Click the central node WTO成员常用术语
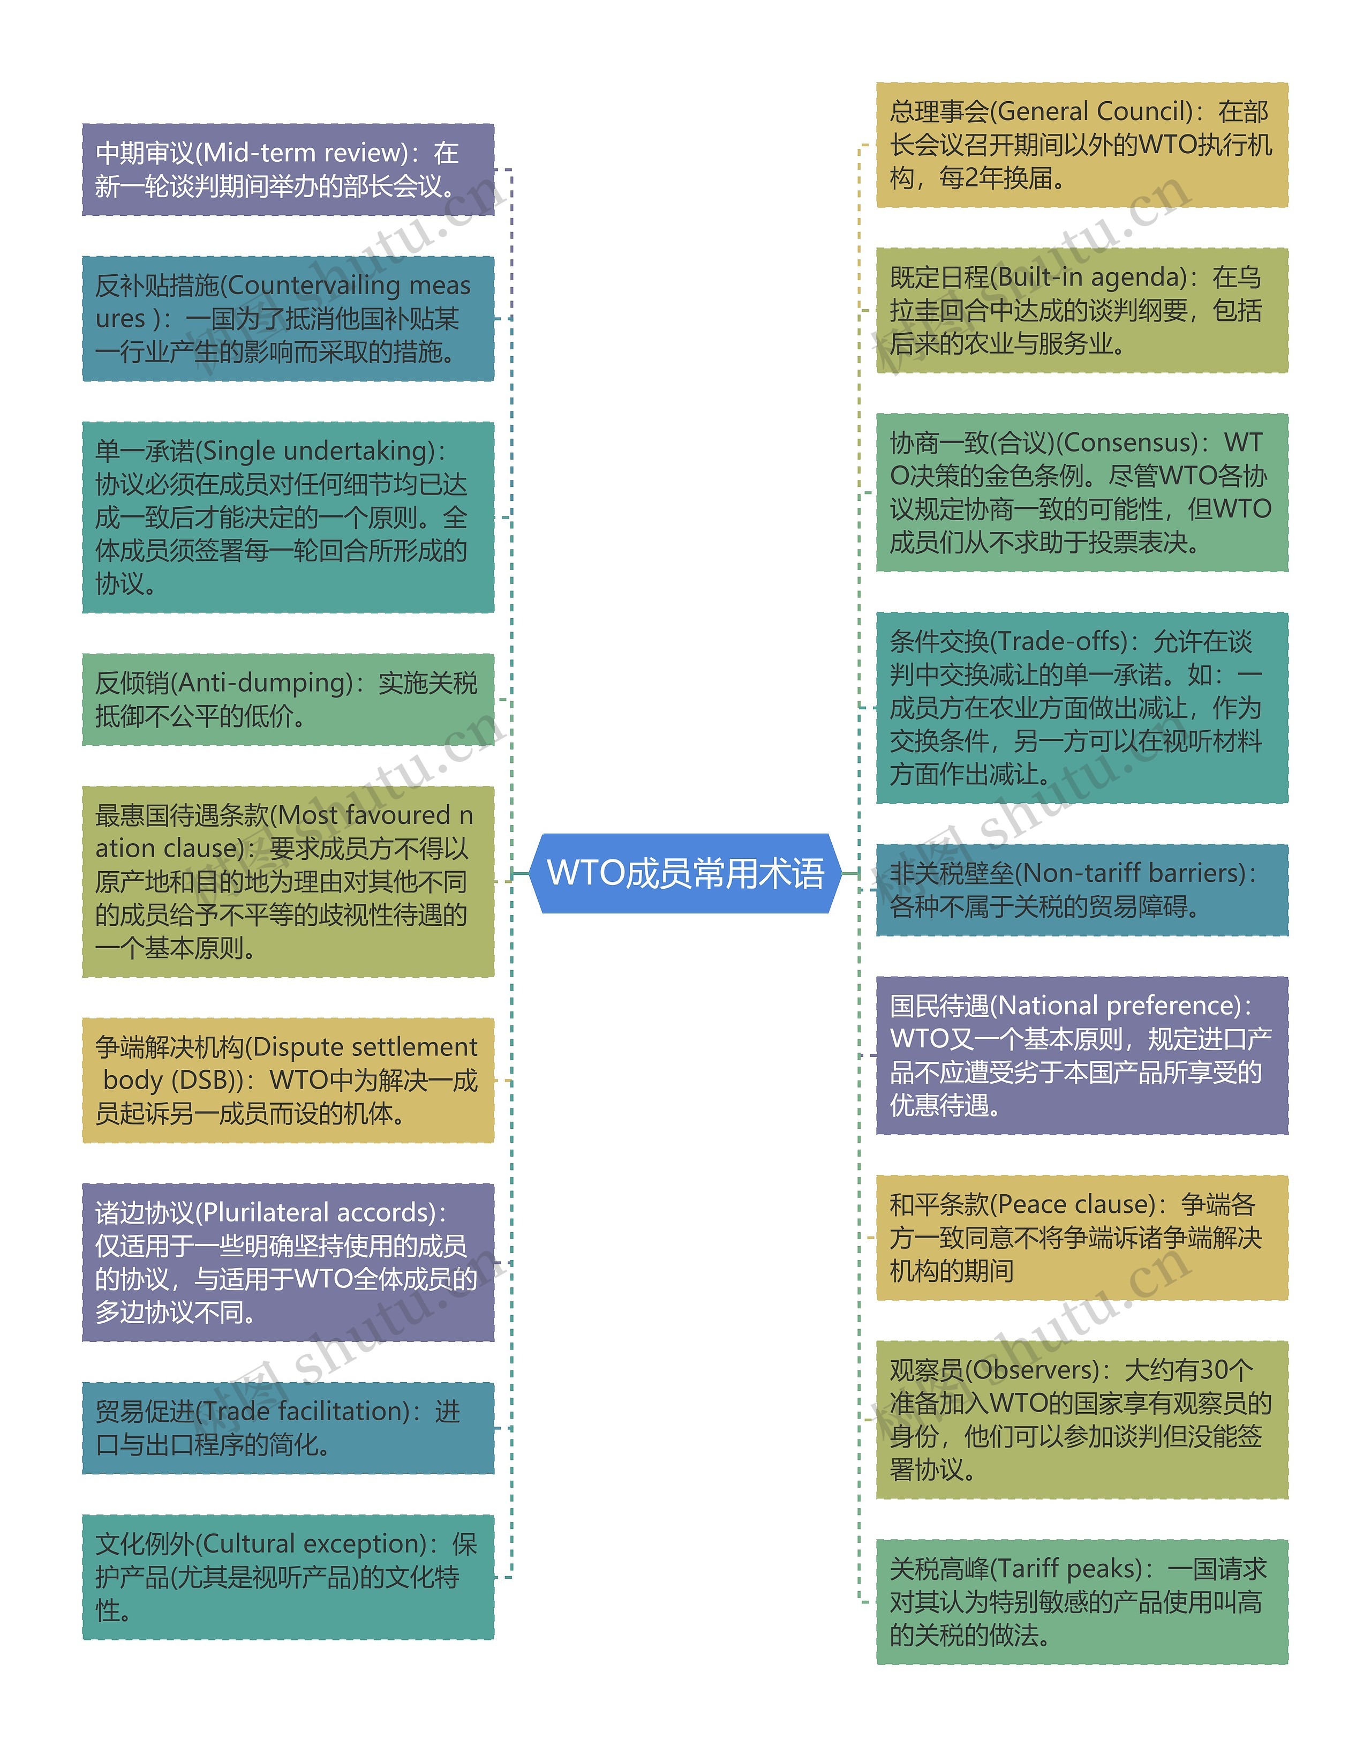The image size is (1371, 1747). coord(685,873)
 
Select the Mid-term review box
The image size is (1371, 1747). coord(288,169)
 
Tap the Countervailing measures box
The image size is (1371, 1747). coord(288,319)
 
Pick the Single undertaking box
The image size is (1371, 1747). coord(288,517)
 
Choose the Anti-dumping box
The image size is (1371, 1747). coord(288,699)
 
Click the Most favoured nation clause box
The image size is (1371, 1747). coord(288,881)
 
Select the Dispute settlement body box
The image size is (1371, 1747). coord(288,1080)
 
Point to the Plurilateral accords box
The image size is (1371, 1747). coord(288,1262)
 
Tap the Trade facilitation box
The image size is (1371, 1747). coord(288,1428)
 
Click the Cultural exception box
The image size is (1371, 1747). coord(288,1577)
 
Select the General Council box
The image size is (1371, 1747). coord(1081,145)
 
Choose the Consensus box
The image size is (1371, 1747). coord(1081,492)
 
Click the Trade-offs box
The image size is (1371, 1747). coord(1081,707)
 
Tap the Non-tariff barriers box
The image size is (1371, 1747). coord(1081,889)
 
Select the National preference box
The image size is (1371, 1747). coord(1081,1055)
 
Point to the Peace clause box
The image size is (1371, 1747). coord(1081,1237)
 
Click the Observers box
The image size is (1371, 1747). coord(1081,1420)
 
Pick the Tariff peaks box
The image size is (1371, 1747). coord(1081,1602)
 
